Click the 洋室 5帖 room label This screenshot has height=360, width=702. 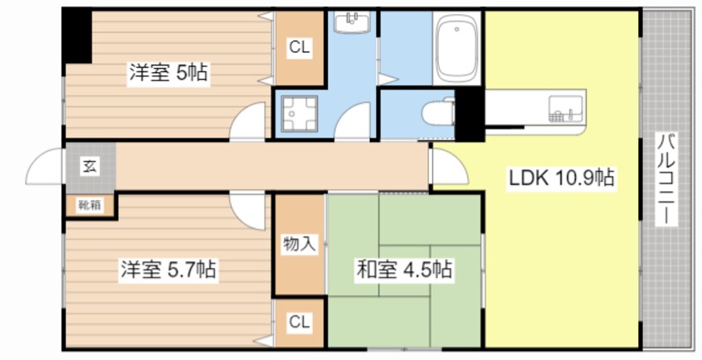[168, 72]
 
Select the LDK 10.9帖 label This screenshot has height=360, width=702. [561, 178]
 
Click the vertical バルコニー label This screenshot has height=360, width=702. [667, 178]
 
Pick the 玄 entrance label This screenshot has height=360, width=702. [89, 167]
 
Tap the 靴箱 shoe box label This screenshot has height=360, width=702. [90, 206]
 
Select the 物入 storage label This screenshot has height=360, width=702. [299, 245]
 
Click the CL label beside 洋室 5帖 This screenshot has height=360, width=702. [299, 47]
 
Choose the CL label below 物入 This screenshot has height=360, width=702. [299, 322]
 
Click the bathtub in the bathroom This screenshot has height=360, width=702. [456, 48]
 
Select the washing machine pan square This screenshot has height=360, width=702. [300, 114]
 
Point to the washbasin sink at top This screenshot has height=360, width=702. [353, 22]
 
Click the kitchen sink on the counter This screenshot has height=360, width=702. [566, 109]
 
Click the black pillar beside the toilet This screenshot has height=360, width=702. [470, 114]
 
